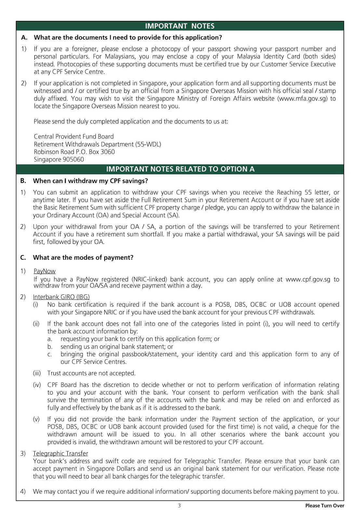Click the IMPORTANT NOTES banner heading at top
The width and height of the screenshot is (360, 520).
tap(180, 26)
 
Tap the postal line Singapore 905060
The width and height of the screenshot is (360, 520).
tap(59, 160)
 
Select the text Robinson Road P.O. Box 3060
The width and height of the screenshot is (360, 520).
tap(74, 152)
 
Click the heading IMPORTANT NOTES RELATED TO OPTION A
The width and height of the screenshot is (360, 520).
tap(180, 169)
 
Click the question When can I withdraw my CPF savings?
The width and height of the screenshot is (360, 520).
tap(90, 181)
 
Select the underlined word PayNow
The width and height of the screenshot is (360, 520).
tap(45, 271)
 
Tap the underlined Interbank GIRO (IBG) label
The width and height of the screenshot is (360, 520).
tap(61, 297)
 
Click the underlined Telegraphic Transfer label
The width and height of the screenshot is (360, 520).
tap(60, 453)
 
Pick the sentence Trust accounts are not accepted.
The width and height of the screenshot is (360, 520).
tap(91, 373)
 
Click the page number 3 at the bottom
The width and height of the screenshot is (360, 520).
tap(179, 506)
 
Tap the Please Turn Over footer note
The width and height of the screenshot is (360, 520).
tap(325, 506)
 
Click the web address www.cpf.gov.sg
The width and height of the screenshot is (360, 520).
tap(308, 279)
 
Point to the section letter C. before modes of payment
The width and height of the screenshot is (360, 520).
tap(23, 258)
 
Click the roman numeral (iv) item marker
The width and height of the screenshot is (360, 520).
tap(37, 385)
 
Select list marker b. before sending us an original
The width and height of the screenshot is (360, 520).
tap(50, 347)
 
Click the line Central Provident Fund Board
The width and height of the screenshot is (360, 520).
tap(74, 136)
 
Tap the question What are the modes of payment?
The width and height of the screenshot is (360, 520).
tap(83, 258)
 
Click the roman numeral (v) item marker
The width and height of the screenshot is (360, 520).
tap(36, 419)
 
